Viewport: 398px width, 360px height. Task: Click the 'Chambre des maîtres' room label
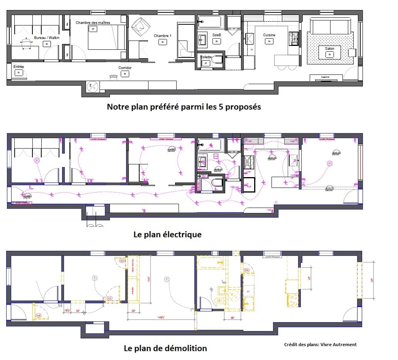coord(93,23)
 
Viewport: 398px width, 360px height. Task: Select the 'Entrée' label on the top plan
coord(19,67)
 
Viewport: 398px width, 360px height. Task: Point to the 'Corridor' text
coord(125,68)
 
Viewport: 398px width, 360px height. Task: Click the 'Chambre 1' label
coord(162,36)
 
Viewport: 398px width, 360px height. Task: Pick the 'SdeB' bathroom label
coord(216,35)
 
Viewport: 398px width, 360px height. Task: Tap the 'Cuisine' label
coord(269,35)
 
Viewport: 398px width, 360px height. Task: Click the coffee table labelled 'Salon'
coord(329,52)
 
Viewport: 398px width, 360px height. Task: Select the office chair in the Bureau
coord(26,44)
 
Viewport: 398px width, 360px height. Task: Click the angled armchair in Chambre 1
coord(139,28)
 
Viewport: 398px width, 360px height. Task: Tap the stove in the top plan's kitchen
coord(294,38)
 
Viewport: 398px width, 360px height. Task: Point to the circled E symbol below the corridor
coord(92,87)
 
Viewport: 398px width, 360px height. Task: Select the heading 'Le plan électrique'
coord(167,235)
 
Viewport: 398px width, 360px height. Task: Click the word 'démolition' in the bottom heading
coord(186,348)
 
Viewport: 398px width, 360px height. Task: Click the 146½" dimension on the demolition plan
coord(160,317)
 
